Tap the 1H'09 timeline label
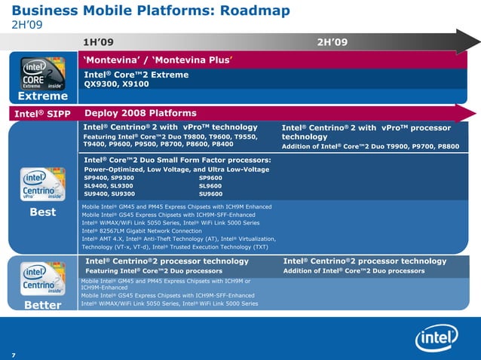[99, 41]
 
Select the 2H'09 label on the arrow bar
[332, 41]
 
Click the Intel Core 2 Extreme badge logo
[42, 74]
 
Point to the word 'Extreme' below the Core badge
[43, 96]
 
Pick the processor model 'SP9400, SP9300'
[109, 178]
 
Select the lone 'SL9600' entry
[210, 186]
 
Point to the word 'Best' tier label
[43, 212]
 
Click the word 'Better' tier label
[43, 306]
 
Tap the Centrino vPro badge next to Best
[42, 185]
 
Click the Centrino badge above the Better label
[42, 279]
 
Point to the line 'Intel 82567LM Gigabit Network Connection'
[141, 231]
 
